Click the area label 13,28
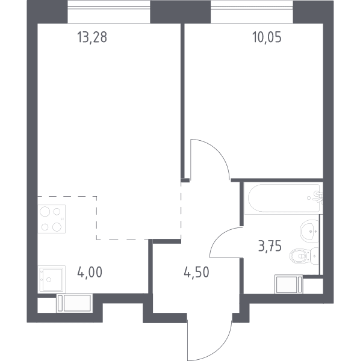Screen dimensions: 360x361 pyautogui.click(x=92, y=37)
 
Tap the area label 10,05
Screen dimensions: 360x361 pyautogui.click(x=267, y=37)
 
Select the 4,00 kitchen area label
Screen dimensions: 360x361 pyautogui.click(x=90, y=273)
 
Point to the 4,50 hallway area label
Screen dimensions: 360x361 pyautogui.click(x=196, y=273)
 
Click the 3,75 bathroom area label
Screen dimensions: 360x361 pyautogui.click(x=270, y=246)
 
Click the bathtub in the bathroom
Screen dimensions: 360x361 pyautogui.click(x=284, y=198)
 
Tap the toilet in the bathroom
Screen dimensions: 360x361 pyautogui.click(x=304, y=256)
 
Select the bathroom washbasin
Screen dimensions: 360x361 pyautogui.click(x=309, y=231)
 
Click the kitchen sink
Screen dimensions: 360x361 pyautogui.click(x=52, y=279)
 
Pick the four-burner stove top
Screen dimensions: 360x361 pyautogui.click(x=52, y=219)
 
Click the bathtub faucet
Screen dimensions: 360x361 pyautogui.click(x=318, y=197)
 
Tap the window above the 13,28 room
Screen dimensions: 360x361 pyautogui.click(x=109, y=11)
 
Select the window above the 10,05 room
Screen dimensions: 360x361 pyautogui.click(x=252, y=11)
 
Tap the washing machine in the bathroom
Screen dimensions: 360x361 pyautogui.click(x=289, y=284)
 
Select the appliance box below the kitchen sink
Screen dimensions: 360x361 pyautogui.click(x=75, y=303)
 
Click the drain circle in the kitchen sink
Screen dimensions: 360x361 pyautogui.click(x=49, y=280)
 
